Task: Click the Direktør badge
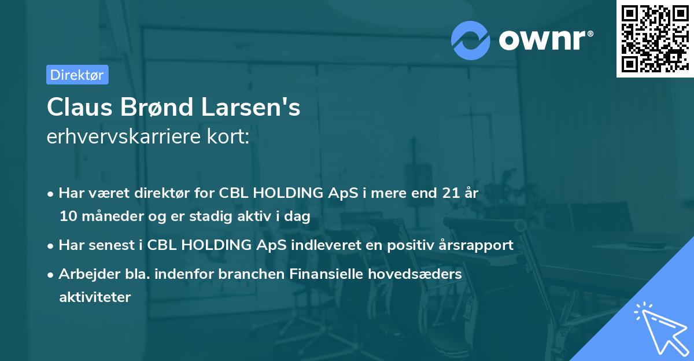point(77,75)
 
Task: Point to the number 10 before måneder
point(68,217)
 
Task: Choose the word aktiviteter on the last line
point(95,298)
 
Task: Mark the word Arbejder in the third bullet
point(85,274)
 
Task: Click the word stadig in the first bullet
point(230,217)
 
